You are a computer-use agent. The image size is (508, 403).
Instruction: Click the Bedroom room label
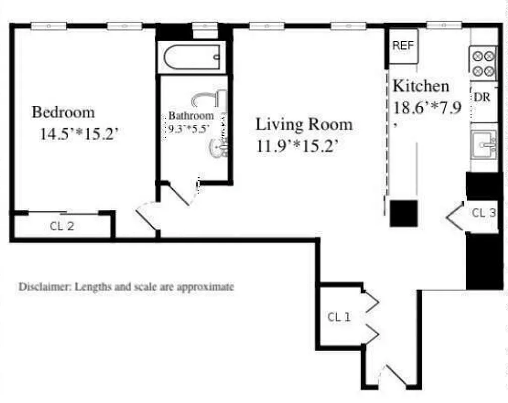tap(63, 111)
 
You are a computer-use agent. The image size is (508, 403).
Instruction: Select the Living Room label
tap(304, 124)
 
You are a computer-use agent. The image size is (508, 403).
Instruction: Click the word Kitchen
tap(421, 86)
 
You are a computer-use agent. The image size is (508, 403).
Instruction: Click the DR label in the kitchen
tap(482, 98)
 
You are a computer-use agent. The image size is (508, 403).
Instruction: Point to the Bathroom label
tap(191, 115)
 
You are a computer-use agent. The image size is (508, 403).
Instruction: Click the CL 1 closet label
tap(338, 317)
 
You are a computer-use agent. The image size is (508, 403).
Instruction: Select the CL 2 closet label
tap(62, 226)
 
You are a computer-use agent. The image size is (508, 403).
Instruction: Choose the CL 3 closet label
tap(483, 213)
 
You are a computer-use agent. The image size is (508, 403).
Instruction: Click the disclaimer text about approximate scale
tap(126, 287)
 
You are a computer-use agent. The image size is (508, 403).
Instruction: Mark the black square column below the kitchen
tap(404, 213)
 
